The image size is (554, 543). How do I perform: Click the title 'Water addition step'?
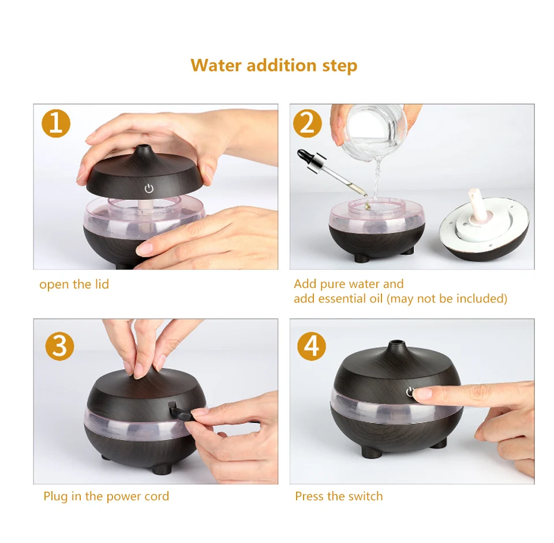click(274, 65)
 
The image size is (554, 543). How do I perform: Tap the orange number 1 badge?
click(56, 123)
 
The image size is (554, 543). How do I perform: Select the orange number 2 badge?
click(308, 123)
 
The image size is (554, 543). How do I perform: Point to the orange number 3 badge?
click(59, 346)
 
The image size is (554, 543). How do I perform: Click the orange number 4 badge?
click(311, 346)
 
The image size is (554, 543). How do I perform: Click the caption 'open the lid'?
click(74, 284)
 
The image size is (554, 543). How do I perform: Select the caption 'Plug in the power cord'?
click(106, 496)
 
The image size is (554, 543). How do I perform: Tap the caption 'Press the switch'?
click(339, 496)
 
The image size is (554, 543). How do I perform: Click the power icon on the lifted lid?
click(149, 188)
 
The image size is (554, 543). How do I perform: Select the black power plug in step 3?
click(180, 410)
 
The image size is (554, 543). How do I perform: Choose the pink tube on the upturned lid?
click(474, 201)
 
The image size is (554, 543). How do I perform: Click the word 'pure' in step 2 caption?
click(332, 284)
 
